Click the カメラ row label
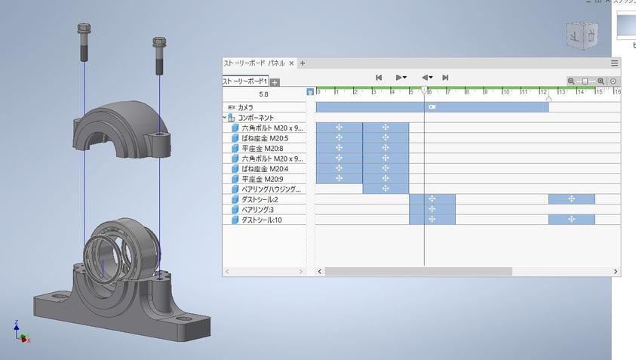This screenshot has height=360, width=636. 245,108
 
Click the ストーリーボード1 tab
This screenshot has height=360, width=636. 244,82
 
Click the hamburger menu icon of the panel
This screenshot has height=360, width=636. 614,63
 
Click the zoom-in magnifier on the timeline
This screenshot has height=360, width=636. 601,81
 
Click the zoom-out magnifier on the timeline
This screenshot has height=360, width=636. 571,81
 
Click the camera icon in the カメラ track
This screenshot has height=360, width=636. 432,107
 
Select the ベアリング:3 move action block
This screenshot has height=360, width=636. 432,209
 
